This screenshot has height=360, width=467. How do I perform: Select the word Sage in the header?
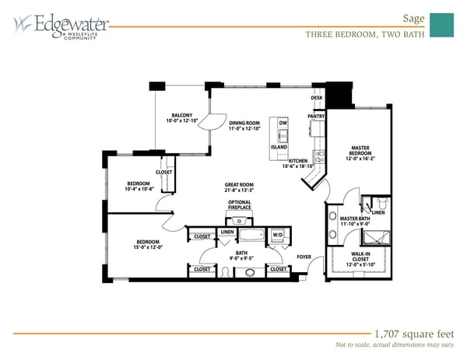pos(413,16)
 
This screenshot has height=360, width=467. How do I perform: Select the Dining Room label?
pos(244,125)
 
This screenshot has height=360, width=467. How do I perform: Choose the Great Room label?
pos(239,187)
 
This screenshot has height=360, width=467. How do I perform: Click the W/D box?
pos(277,234)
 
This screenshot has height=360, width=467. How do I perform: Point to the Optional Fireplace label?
pos(240,205)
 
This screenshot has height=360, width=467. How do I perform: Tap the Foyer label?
pos(304,256)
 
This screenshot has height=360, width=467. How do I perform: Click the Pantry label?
pos(316,116)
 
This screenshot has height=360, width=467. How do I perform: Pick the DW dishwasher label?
pos(283,124)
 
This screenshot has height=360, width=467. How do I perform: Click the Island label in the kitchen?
pos(279,147)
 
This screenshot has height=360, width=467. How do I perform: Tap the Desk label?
pos(317,98)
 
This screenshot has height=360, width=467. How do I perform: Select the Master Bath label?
pos(354,222)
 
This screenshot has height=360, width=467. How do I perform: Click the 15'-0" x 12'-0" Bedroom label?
pos(148,244)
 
